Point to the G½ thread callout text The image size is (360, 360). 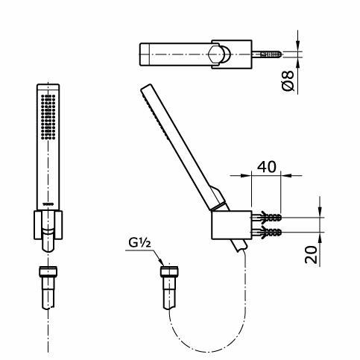tap(139, 242)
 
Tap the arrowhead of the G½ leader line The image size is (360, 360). tap(163, 262)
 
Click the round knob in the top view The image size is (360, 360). tap(219, 55)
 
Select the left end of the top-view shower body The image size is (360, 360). tap(142, 55)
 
